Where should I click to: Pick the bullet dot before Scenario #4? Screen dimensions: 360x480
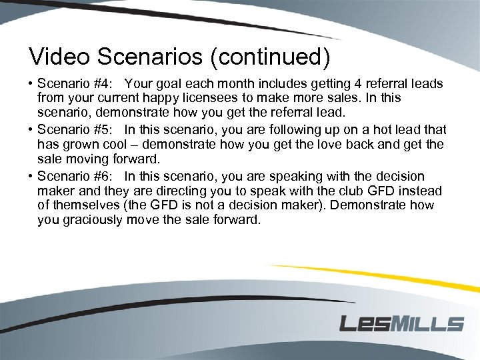(x=31, y=85)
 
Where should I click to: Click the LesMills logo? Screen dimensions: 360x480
(x=401, y=324)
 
